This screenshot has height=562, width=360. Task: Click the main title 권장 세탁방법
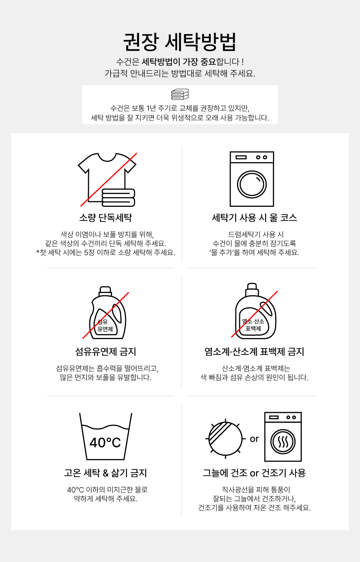(x=180, y=42)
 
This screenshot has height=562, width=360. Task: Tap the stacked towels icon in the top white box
(x=180, y=94)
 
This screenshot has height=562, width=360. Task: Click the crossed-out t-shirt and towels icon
(x=108, y=179)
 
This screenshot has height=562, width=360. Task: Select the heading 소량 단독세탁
(x=105, y=218)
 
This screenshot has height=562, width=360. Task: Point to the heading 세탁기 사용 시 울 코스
(x=254, y=218)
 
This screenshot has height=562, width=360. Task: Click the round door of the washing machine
(x=252, y=184)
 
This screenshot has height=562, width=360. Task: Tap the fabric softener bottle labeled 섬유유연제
(x=108, y=312)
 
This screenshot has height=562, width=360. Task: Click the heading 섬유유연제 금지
(x=105, y=351)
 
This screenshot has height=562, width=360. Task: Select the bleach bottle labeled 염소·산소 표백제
(x=255, y=311)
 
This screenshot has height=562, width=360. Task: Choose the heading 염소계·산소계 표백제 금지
(x=254, y=351)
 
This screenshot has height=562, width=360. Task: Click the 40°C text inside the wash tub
(x=105, y=442)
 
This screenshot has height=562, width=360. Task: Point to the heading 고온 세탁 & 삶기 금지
(x=105, y=473)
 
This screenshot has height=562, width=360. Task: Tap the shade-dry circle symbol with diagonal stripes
(x=225, y=439)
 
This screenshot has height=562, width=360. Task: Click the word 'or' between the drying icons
(x=254, y=439)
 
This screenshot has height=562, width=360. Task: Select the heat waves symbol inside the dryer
(x=283, y=442)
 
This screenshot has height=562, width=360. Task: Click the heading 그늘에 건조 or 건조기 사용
(x=254, y=473)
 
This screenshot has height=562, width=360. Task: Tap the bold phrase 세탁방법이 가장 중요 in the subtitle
(x=179, y=62)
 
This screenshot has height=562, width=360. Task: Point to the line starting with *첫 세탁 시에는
(x=105, y=253)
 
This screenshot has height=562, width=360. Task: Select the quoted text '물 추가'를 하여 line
(x=254, y=253)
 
